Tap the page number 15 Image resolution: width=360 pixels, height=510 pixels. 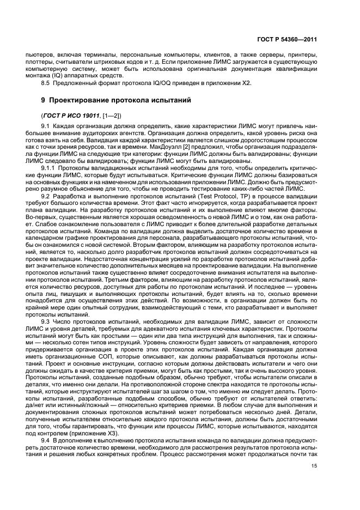pos(314,465)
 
